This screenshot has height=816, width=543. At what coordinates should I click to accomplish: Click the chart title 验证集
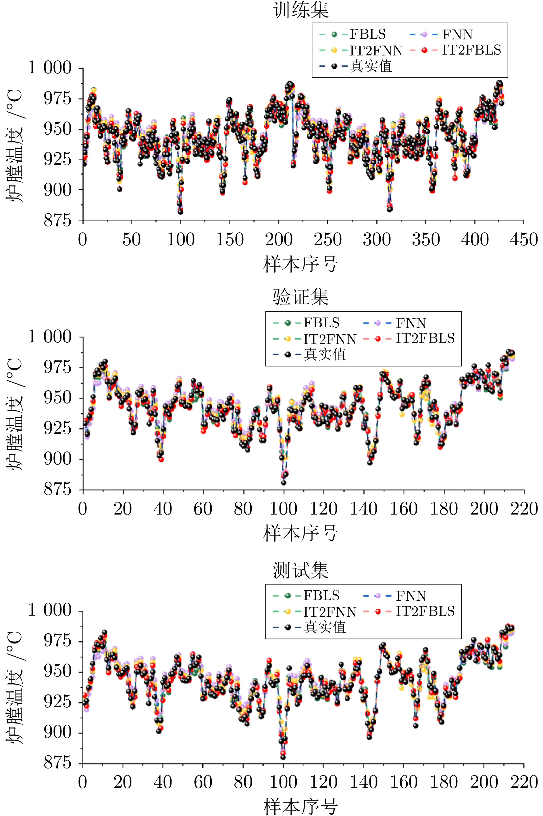pyautogui.click(x=301, y=297)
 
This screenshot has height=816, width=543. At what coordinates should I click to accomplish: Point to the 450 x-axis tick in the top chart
pyautogui.click(x=523, y=239)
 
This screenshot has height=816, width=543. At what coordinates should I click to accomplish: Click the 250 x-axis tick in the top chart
pyautogui.click(x=328, y=239)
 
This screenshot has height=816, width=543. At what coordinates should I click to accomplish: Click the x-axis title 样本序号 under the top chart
pyautogui.click(x=301, y=264)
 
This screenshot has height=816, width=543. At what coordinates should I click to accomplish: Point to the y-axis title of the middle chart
pyautogui.click(x=15, y=413)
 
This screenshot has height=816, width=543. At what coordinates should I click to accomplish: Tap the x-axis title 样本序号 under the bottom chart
pyautogui.click(x=301, y=806)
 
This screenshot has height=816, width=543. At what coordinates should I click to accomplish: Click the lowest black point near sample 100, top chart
pyautogui.click(x=180, y=211)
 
